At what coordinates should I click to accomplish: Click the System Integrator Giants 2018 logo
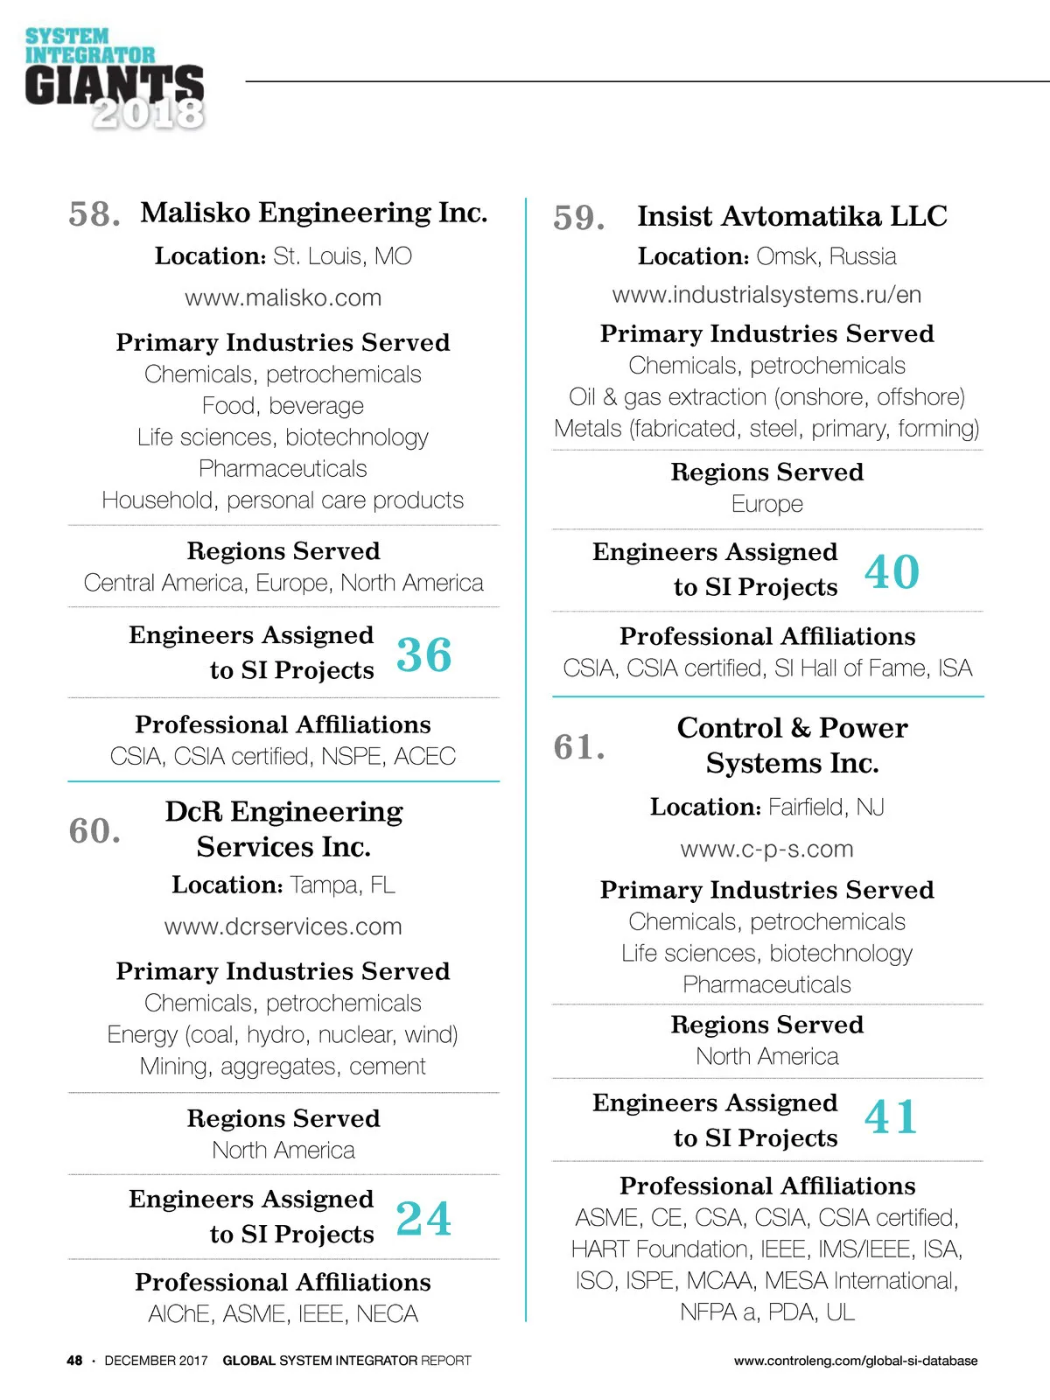pos(115,80)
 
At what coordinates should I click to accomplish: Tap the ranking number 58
pos(94,214)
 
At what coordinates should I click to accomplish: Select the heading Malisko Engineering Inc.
pos(314,213)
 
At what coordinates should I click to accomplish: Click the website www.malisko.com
pos(283,297)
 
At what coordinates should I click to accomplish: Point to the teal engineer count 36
pos(423,654)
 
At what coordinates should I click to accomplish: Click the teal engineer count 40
pos(892,572)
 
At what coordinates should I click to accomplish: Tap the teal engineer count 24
pos(423,1218)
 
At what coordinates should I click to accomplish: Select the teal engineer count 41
pos(891,1117)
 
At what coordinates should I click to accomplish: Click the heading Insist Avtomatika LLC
pos(792,216)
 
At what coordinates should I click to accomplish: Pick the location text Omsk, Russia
pos(826,256)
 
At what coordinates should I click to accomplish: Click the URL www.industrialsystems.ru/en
pos(766,295)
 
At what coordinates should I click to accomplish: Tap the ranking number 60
pos(94,831)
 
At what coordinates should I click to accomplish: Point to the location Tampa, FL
pos(342,885)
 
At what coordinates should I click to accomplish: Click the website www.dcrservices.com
pos(283,927)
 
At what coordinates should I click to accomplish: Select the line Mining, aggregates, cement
pos(283,1067)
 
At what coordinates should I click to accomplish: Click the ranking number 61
pos(578,747)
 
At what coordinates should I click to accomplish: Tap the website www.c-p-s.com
pos(766,849)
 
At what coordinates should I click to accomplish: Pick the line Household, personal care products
pos(283,500)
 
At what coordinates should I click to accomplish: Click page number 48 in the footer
pos(74,1361)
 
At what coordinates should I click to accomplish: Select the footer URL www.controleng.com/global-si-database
pos(856,1361)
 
